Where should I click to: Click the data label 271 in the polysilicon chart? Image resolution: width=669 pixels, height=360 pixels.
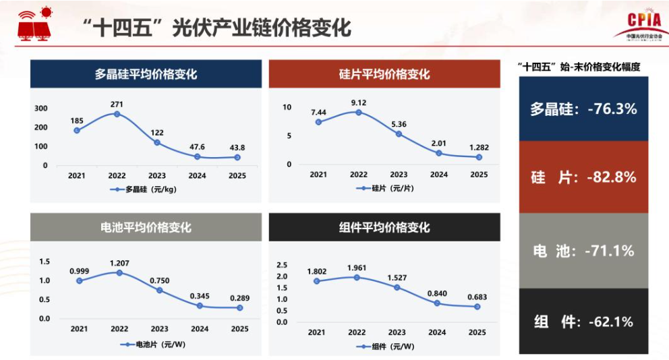117,104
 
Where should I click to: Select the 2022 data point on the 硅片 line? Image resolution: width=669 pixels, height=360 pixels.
359,112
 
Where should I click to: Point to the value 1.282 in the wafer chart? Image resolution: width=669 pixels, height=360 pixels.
479,148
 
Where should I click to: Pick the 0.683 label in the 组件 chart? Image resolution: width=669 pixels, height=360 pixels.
477,297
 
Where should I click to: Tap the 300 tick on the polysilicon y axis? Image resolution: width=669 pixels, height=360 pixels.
41,109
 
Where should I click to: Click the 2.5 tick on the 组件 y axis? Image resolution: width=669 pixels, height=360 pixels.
282,265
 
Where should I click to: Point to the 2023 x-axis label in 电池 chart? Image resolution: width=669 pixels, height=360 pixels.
159,329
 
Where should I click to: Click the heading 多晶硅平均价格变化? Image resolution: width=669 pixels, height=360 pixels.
146,74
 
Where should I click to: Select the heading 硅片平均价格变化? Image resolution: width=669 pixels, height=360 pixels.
384,74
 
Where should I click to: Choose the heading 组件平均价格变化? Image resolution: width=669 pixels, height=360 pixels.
384,228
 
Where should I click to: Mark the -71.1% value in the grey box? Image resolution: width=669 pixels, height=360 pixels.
610,251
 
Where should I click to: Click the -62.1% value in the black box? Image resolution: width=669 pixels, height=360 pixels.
608,322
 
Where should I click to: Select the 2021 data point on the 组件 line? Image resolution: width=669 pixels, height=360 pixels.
316,281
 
